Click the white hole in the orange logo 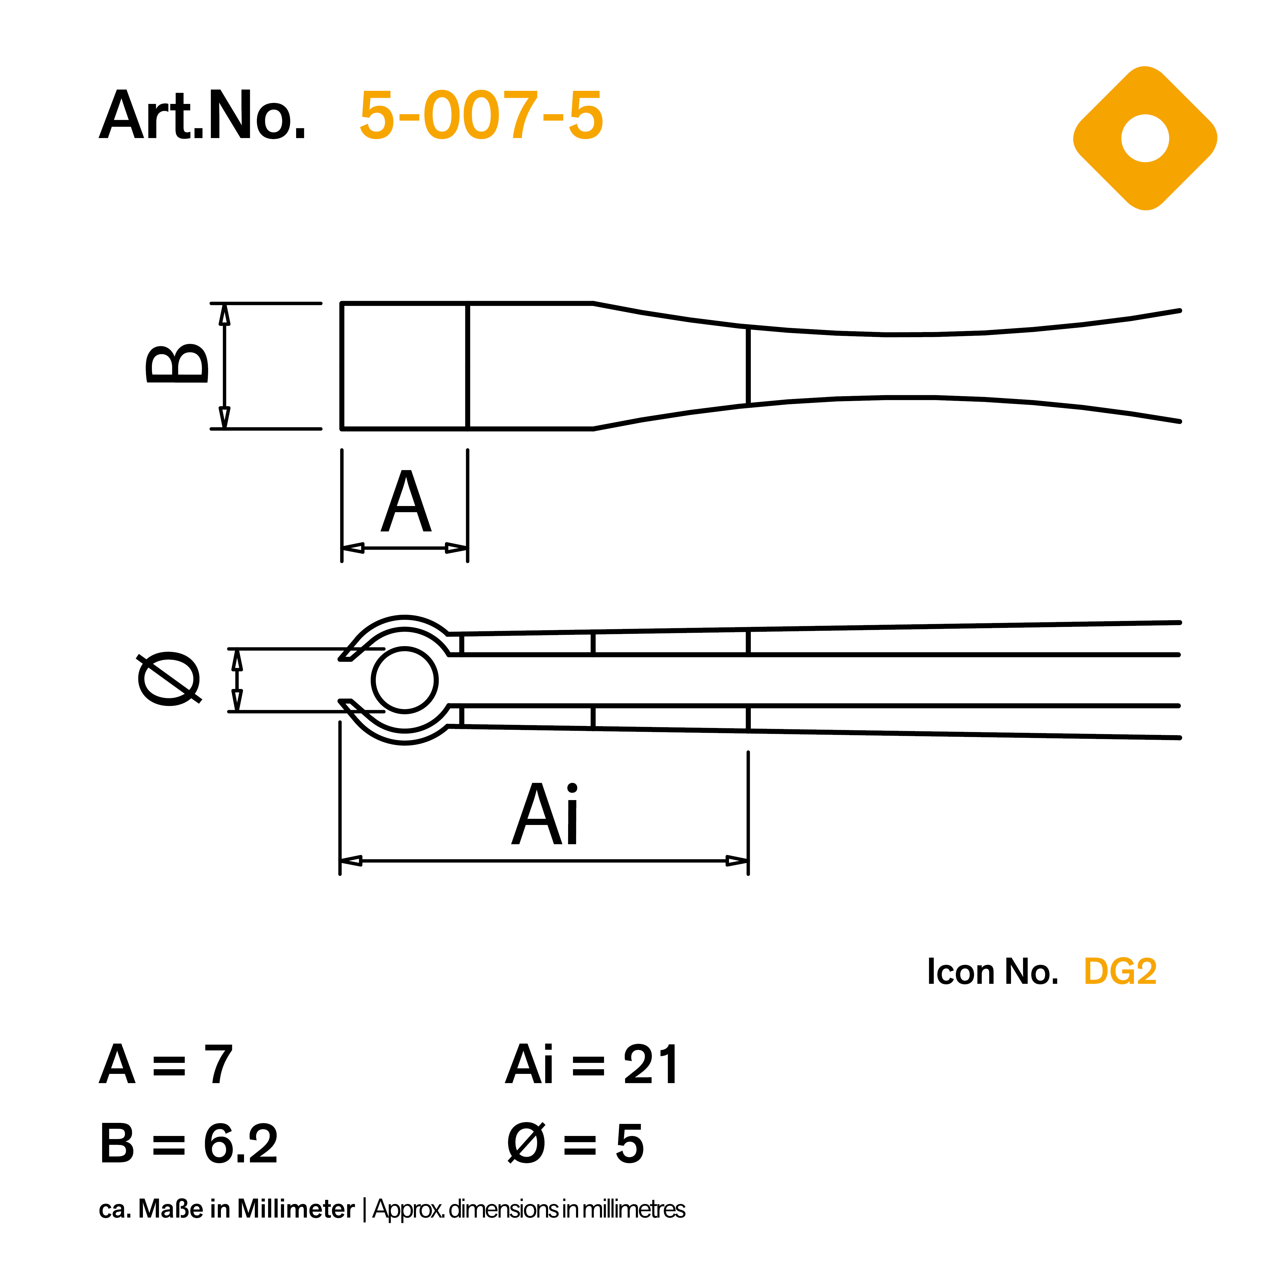[x=1145, y=138]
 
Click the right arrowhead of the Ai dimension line [x=737, y=861]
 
